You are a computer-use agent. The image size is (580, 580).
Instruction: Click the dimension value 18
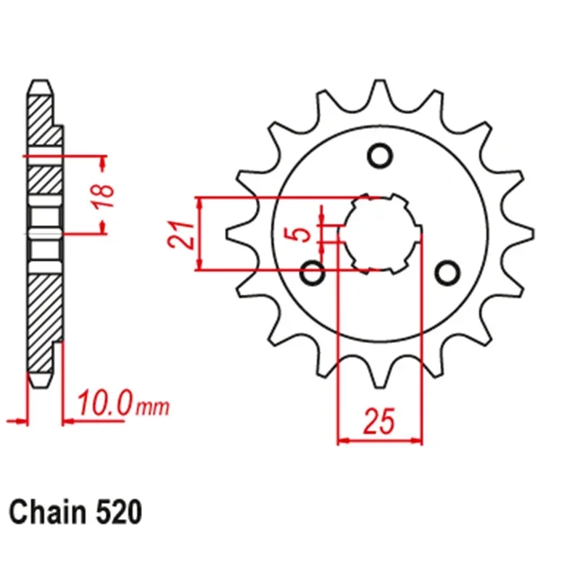[104, 195]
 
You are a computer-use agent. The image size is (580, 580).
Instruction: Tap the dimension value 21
[181, 234]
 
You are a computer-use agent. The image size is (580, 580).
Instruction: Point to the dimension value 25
[379, 421]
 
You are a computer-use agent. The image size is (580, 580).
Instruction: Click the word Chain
[47, 512]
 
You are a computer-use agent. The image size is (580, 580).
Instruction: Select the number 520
[119, 513]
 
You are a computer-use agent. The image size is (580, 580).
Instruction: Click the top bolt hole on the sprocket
[379, 156]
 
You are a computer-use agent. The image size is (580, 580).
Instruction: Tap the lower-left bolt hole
[312, 273]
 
